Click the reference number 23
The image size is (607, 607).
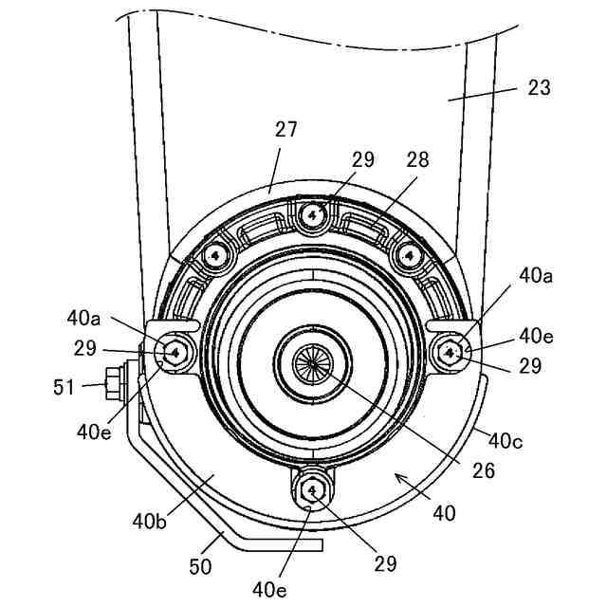click(x=539, y=88)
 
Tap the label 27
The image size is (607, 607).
click(x=285, y=129)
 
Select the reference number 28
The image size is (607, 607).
click(x=417, y=159)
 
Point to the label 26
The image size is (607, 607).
click(x=484, y=470)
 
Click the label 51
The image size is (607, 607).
click(x=64, y=387)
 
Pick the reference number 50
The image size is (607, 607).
click(x=200, y=567)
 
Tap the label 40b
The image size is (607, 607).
click(x=150, y=522)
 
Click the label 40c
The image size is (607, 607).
click(x=506, y=440)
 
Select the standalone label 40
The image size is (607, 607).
click(x=445, y=514)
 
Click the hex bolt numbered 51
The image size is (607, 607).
click(x=114, y=384)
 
